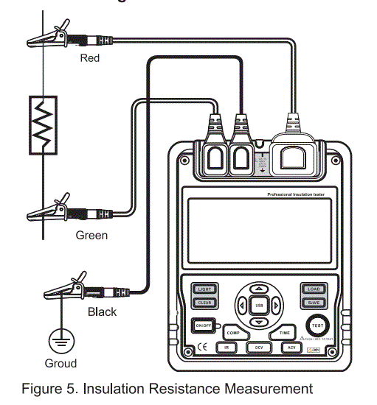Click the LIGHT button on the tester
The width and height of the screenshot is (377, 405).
tap(204, 289)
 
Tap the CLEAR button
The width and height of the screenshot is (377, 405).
tap(204, 303)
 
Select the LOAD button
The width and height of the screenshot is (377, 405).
tap(313, 289)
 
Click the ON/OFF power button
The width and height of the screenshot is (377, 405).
tap(204, 325)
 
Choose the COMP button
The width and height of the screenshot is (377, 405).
tap(234, 333)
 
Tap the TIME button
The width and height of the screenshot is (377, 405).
tap(285, 333)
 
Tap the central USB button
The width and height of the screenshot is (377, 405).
tap(258, 305)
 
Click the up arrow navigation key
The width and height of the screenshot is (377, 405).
tap(258, 289)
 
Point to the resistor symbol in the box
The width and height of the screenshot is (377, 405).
tap(42, 125)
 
